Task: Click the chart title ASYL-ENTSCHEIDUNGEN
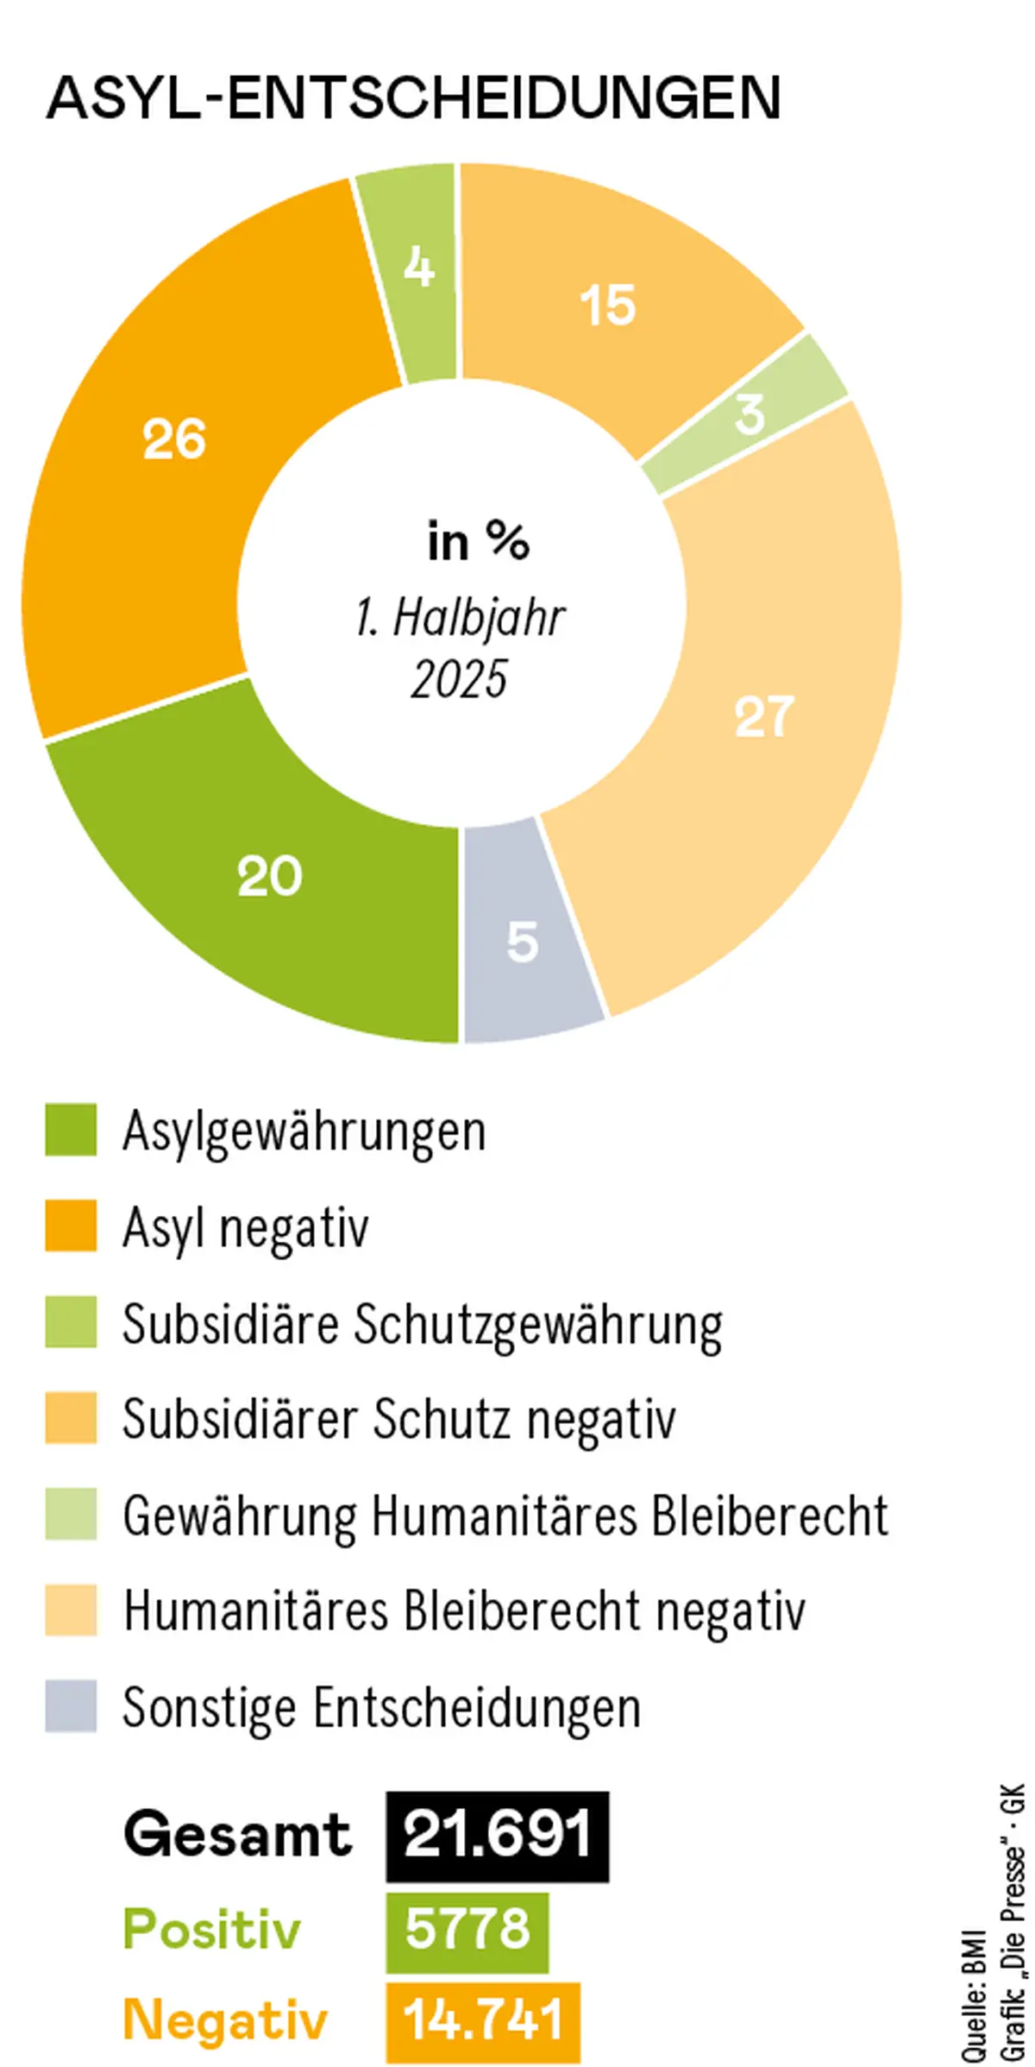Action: pos(414,98)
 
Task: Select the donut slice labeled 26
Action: pos(172,440)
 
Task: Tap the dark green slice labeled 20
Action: pos(269,876)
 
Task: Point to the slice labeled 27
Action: pos(763,716)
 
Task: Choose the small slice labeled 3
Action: pos(749,413)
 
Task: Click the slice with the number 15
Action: pos(608,305)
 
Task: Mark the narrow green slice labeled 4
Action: pos(418,268)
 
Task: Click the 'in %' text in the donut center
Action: pos(478,542)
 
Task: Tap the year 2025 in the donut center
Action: pos(459,679)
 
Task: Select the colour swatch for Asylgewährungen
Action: pos(71,1129)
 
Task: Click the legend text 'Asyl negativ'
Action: pos(246,1227)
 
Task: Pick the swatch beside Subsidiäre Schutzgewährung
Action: pos(71,1321)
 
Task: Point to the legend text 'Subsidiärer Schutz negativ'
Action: pos(398,1419)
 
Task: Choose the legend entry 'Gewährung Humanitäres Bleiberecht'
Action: pos(505,1516)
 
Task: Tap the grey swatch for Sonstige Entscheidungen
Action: pos(71,1706)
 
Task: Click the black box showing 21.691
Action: pos(497,1836)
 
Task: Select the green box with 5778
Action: pos(467,1931)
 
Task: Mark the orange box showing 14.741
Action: pos(482,2020)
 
